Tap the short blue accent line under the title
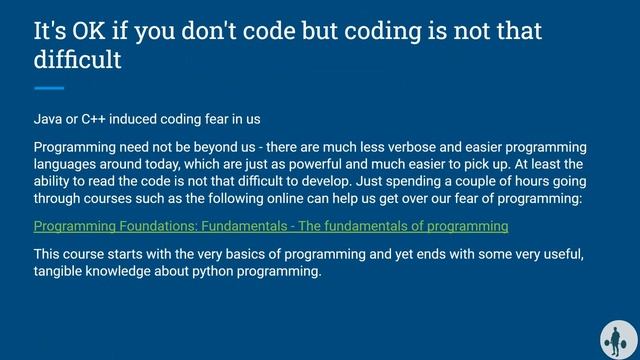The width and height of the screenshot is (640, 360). pyautogui.click(x=49, y=88)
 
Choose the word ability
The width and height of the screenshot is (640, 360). pyautogui.click(x=55, y=182)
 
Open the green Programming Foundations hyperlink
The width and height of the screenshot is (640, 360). pyautogui.click(x=270, y=227)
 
